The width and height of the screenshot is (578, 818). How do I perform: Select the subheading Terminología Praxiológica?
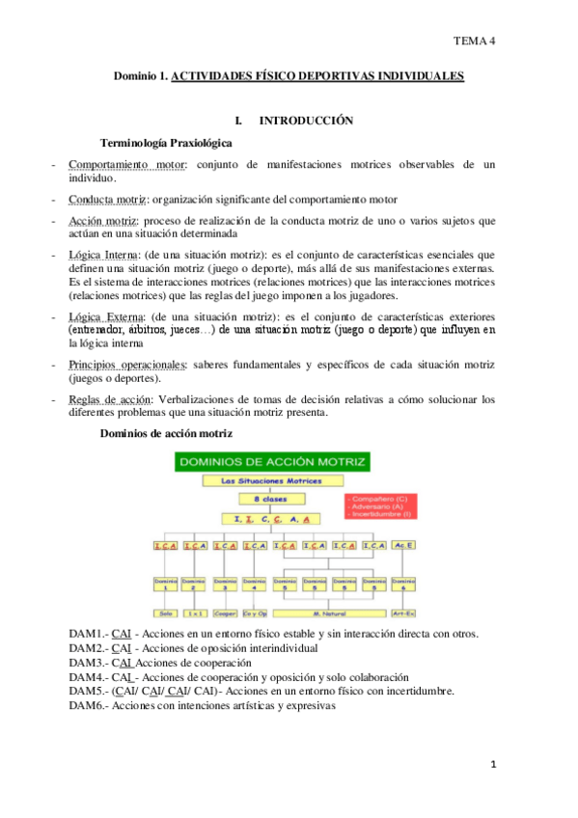coord(165,143)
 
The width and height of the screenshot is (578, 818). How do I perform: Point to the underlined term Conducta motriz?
coord(107,200)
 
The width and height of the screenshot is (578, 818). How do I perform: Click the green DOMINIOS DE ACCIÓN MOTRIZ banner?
coord(273,462)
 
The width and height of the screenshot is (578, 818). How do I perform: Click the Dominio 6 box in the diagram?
coord(404,585)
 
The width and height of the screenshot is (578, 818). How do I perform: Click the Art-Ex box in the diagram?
coord(404,613)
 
